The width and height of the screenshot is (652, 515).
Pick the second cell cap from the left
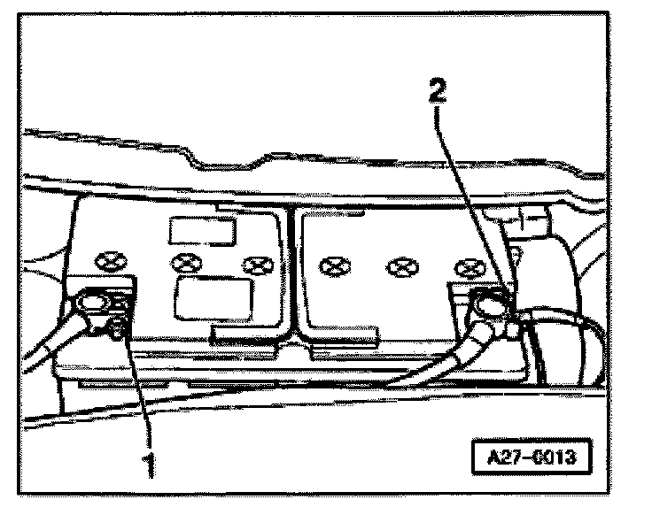click(x=186, y=262)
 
